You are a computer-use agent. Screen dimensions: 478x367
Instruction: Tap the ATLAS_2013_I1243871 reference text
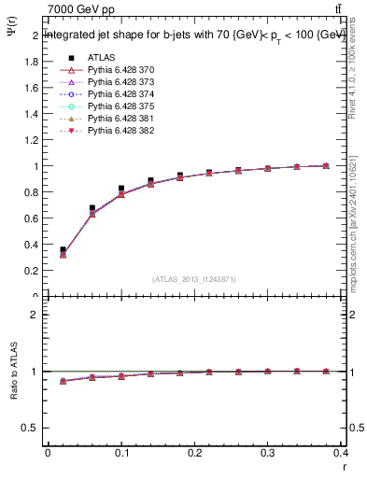(193, 279)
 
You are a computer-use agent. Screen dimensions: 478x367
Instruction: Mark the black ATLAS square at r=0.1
(121, 189)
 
